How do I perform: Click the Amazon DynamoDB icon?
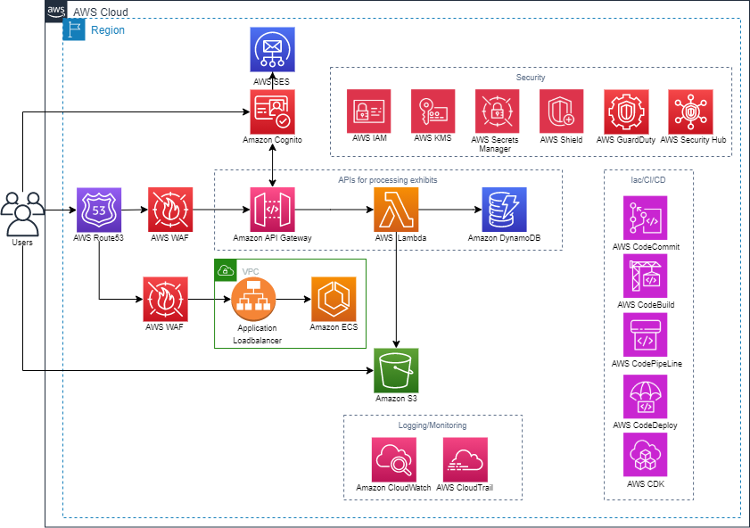504,210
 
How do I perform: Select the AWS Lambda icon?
396,210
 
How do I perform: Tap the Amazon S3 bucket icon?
396,370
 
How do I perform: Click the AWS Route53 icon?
99,210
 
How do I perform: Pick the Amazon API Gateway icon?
273,210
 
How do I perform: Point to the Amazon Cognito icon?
273,111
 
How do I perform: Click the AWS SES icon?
272,49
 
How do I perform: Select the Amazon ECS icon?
334,299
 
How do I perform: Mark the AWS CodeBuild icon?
645,276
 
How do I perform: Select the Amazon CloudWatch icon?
393,459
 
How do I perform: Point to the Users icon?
22,214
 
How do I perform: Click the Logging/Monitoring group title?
433,425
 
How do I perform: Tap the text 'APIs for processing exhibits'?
387,179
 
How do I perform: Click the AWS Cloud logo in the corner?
54,10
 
